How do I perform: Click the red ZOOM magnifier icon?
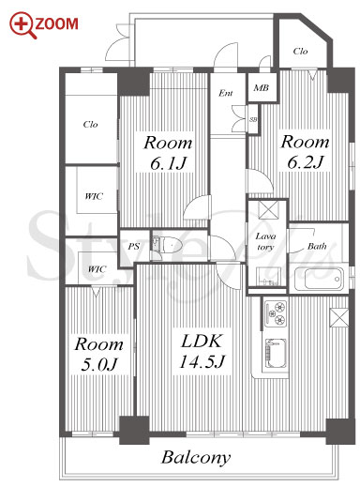coord(22,25)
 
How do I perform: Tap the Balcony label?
coord(196,457)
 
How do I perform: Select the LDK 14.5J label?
coord(202,351)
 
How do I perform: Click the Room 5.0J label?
coord(99,354)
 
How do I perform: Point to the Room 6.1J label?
coord(168,152)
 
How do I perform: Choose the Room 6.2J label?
coord(305,152)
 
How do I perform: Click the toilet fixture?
coord(167,244)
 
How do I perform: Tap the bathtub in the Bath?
coord(319,279)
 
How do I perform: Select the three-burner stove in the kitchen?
coord(276,313)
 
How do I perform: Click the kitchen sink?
coord(276,353)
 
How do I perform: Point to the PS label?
coord(133,247)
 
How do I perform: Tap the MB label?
coord(262,88)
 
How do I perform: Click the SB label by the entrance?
coord(253,119)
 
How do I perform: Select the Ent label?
coord(226,93)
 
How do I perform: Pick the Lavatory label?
coord(265,241)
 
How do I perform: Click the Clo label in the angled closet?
coord(300,51)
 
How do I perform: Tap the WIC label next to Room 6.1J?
coord(94,196)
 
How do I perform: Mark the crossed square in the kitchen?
coord(339,317)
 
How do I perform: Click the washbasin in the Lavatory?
coord(267,276)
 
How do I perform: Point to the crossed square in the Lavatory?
coord(268,208)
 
